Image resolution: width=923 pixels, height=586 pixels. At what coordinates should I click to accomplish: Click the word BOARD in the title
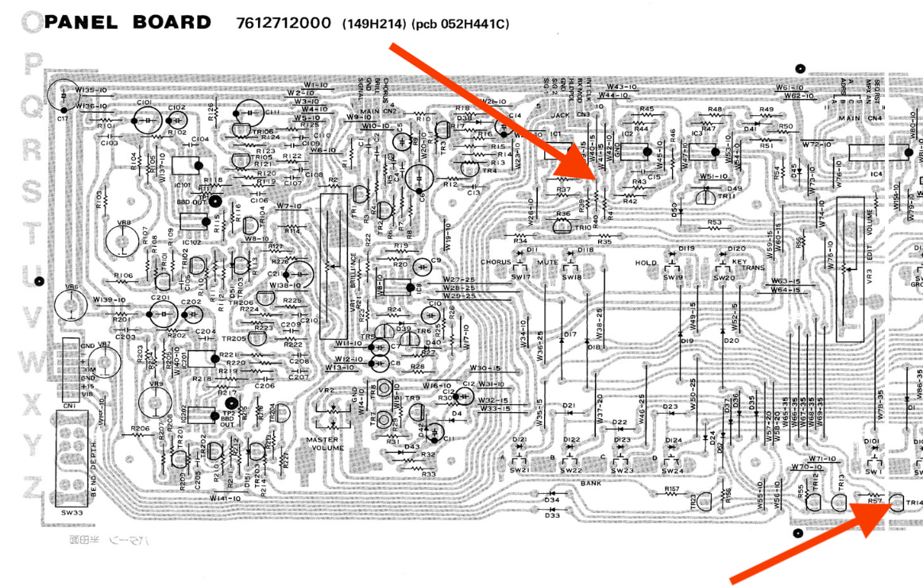coord(172,22)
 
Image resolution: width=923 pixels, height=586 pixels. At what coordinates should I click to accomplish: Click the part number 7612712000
coord(284,23)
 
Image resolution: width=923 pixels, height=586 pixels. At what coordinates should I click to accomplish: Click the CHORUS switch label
coord(496,262)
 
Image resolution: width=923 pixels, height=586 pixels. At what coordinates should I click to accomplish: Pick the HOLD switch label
coord(646,263)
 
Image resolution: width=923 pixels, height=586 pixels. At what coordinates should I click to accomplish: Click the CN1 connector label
coord(71,406)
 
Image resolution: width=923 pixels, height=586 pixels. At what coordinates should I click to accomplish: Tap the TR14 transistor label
coord(915,503)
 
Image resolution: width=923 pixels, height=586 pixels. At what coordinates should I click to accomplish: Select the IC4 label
coord(876,173)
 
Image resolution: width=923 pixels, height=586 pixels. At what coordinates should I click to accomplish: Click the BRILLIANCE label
coord(353,269)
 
